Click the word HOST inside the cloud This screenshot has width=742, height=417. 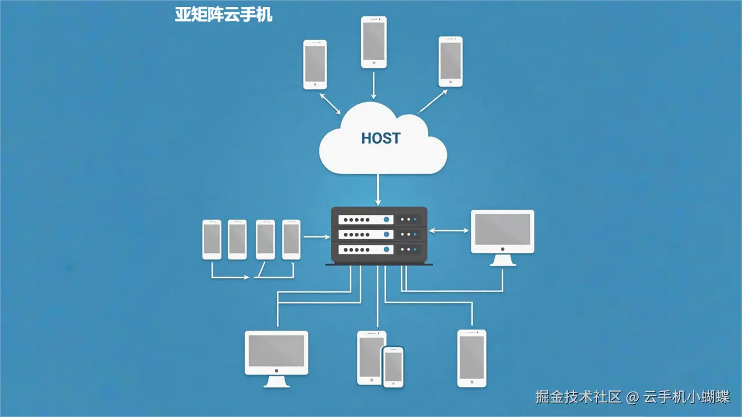[380, 138]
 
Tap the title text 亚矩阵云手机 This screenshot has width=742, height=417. [224, 14]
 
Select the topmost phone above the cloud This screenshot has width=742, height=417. [374, 42]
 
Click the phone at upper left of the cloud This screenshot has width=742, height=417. [315, 64]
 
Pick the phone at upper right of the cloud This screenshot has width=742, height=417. [450, 61]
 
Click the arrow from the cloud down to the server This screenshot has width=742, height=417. [378, 189]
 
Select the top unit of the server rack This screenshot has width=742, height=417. [379, 220]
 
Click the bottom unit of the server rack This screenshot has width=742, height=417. [379, 249]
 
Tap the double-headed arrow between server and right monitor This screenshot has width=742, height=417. [449, 231]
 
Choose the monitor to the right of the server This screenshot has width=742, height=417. [502, 232]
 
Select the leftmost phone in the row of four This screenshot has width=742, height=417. [212, 239]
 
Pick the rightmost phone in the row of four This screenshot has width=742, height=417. [291, 239]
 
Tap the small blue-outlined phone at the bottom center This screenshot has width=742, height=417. [393, 367]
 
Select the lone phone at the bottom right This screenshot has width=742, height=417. [472, 358]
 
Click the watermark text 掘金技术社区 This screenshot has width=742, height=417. [579, 397]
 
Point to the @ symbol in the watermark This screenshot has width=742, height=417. [632, 397]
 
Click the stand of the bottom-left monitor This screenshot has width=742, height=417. [277, 382]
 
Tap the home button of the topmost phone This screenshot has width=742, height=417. [374, 63]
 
